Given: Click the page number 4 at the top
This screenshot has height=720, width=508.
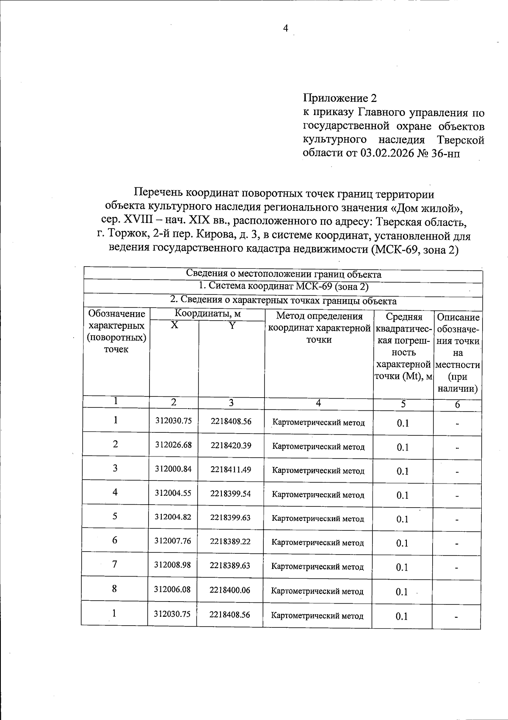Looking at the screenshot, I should [x=285, y=28].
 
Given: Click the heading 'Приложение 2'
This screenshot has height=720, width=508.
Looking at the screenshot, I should [x=340, y=99].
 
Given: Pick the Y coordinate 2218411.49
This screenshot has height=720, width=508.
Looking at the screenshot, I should [x=231, y=469].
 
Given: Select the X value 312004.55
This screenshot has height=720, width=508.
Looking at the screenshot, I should [x=173, y=493].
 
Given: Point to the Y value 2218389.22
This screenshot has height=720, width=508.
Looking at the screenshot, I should [x=230, y=541].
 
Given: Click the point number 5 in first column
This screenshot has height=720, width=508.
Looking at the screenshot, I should [x=115, y=516].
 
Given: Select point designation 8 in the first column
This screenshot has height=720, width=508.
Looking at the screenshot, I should [x=115, y=588].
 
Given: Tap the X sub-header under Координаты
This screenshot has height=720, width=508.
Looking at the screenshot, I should [x=174, y=325].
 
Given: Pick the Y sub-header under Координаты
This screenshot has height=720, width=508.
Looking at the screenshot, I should [x=232, y=325].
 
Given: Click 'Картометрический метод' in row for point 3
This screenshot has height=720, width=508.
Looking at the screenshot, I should [x=318, y=470].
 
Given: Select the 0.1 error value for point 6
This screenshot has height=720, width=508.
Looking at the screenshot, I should [x=402, y=543].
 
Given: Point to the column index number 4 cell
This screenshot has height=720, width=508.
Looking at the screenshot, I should [x=318, y=403].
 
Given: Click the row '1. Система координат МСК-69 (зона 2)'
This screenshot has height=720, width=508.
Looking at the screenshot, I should [x=284, y=287].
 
